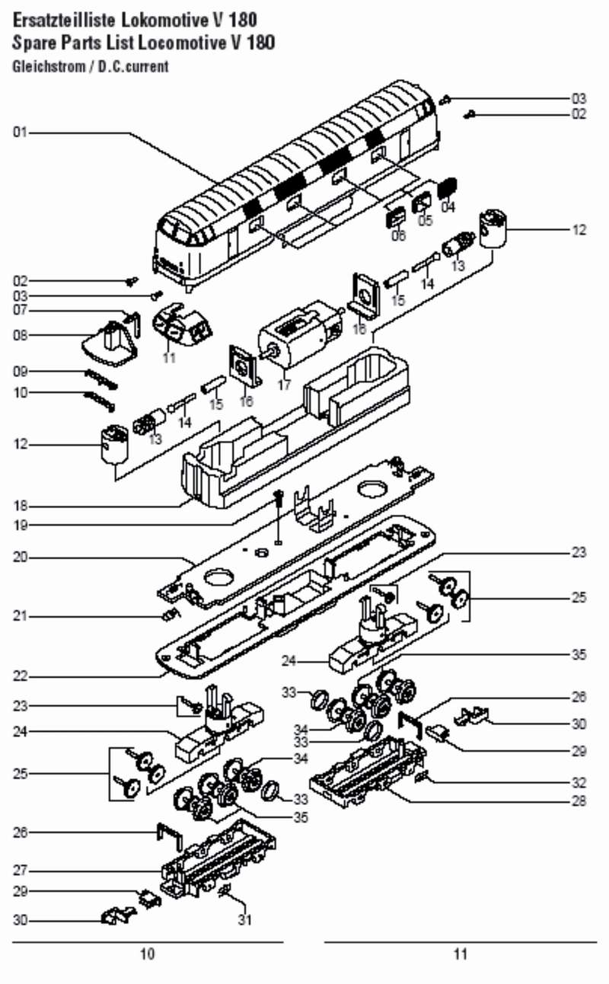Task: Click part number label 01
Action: [20, 133]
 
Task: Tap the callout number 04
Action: [448, 206]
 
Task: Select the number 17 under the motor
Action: [284, 385]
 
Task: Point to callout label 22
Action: [20, 676]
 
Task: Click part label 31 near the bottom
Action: [244, 919]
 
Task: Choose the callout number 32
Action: [579, 782]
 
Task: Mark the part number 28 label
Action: [579, 802]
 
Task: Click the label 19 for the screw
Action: [20, 525]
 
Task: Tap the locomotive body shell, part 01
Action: [297, 183]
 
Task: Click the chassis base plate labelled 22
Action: [297, 602]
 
